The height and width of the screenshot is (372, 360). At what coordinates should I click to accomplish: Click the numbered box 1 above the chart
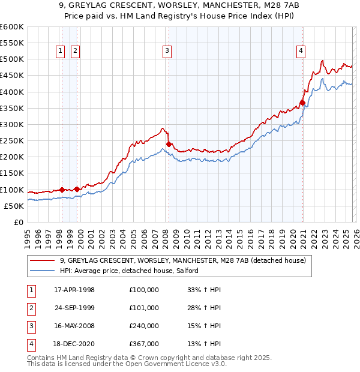point(61,51)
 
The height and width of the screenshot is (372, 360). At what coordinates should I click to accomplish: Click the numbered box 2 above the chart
point(75,51)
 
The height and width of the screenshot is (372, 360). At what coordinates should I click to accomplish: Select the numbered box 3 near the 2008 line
point(167,51)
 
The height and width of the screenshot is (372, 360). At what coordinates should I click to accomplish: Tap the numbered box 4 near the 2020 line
point(299,51)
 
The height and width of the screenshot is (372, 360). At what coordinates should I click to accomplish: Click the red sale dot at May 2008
point(169,144)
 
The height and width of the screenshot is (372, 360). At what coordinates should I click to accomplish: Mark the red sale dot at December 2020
point(302,102)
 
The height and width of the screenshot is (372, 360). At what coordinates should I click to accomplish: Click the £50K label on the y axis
point(13,206)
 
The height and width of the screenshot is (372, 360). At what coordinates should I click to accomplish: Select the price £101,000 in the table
point(144,308)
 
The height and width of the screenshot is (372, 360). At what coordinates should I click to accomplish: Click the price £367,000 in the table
point(144,344)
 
